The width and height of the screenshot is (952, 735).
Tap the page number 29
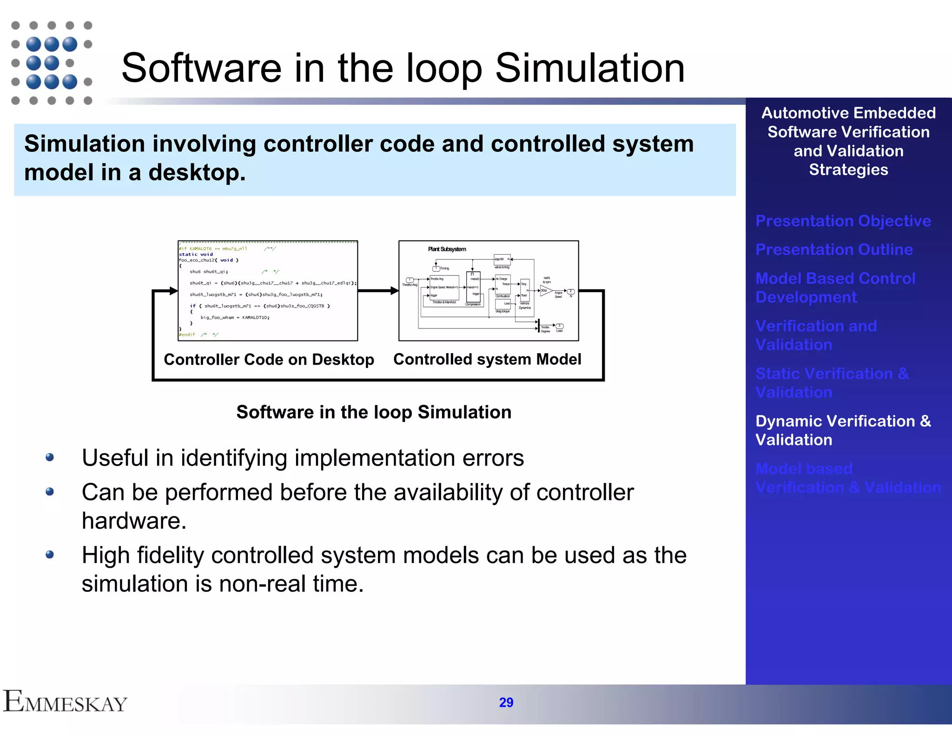pyautogui.click(x=506, y=702)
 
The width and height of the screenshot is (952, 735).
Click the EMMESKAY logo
pyautogui.click(x=65, y=702)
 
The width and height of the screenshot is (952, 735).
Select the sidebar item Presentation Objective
pyautogui.click(x=843, y=221)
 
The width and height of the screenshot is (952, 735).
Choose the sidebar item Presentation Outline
pyautogui.click(x=834, y=249)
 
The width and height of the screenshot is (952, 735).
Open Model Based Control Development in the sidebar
pyautogui.click(x=835, y=288)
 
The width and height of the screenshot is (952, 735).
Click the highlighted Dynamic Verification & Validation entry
pyautogui.click(x=843, y=430)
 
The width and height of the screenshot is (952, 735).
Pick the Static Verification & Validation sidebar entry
pyautogui.click(x=832, y=383)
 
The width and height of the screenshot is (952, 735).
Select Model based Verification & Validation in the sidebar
pyautogui.click(x=848, y=478)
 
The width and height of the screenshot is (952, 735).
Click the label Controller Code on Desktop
pyautogui.click(x=269, y=360)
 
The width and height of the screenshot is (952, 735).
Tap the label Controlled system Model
pyautogui.click(x=487, y=359)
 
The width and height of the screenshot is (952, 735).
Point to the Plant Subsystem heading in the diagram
pyautogui.click(x=447, y=249)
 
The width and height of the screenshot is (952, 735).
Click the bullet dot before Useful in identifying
pyautogui.click(x=50, y=458)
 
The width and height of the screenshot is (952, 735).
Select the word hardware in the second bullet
pyautogui.click(x=133, y=521)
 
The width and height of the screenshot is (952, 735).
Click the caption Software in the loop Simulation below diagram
pyautogui.click(x=373, y=412)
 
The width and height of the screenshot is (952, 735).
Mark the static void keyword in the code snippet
pyautogui.click(x=196, y=254)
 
